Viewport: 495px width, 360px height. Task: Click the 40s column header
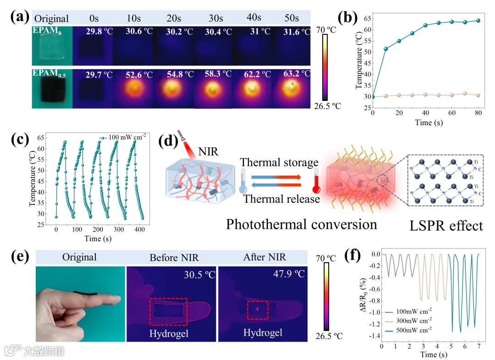[253, 18]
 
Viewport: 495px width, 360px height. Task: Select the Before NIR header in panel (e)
[171, 257]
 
